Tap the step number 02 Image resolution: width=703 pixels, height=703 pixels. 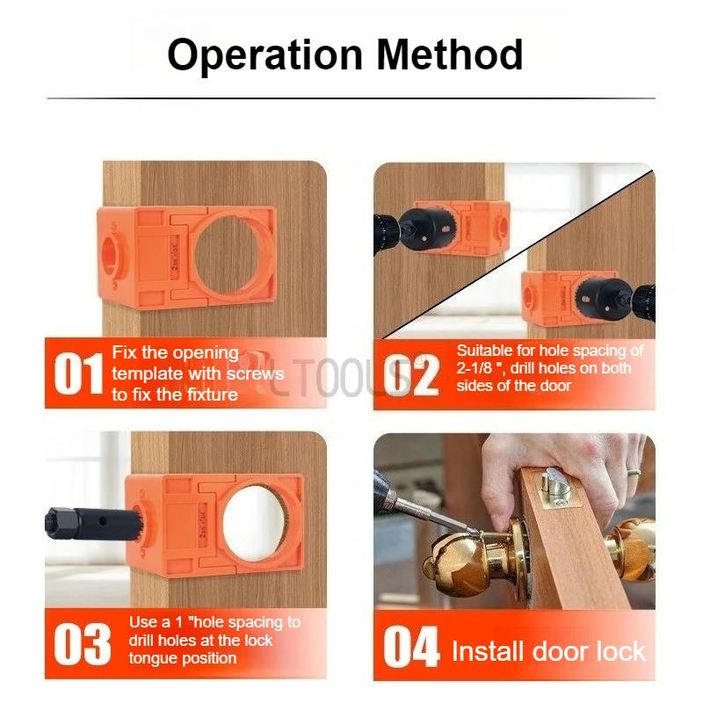pos(411,376)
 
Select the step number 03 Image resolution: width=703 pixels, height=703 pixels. pos(83,644)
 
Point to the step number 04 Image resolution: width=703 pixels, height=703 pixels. pos(411,649)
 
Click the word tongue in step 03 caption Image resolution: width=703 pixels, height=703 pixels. pos(155,658)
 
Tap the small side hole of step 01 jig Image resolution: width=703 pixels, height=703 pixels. pos(112,250)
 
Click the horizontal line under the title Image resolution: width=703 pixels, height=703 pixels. pos(351,98)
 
